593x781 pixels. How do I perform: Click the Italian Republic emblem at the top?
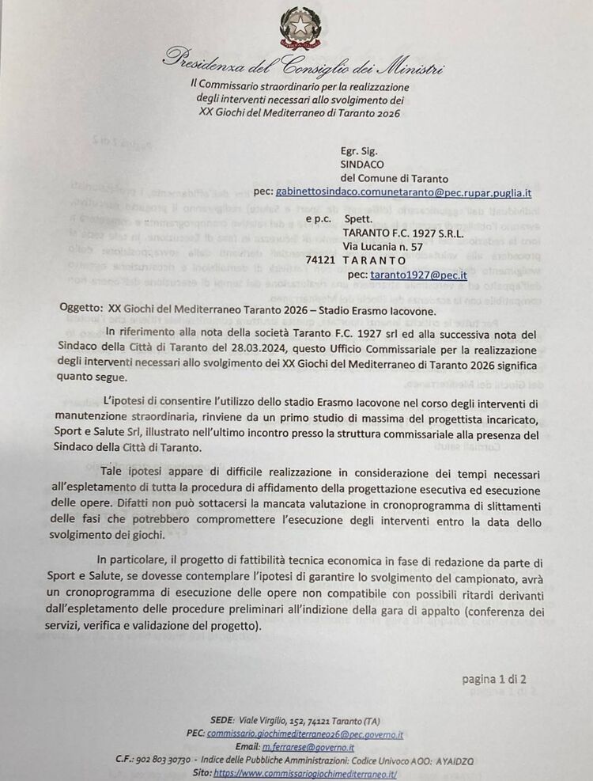click(300, 25)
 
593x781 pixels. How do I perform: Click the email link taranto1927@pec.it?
click(418, 275)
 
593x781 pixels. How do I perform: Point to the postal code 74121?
click(321, 260)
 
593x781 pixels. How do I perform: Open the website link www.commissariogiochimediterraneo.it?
click(305, 773)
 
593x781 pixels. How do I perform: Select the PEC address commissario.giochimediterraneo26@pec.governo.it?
click(305, 734)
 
